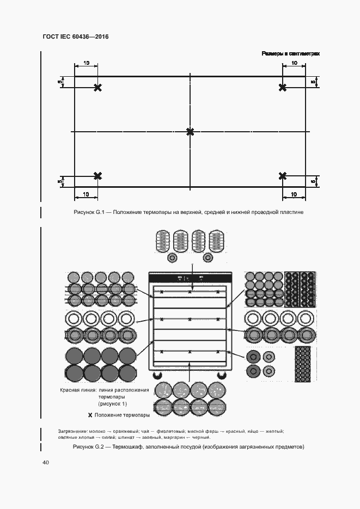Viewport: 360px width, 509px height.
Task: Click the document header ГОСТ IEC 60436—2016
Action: [x=75, y=37]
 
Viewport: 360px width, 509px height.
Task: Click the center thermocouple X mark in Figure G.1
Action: [x=190, y=132]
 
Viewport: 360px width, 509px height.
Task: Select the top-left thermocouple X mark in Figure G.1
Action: [x=97, y=88]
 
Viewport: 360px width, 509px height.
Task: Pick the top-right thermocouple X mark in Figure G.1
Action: [x=282, y=88]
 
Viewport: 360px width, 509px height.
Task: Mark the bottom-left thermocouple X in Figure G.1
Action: [x=97, y=176]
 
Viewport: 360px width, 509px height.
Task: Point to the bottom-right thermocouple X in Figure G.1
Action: [x=282, y=176]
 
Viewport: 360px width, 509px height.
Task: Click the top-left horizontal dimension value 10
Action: [x=86, y=64]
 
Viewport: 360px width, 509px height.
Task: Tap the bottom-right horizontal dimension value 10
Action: [x=294, y=194]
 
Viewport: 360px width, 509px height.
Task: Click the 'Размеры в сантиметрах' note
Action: [x=290, y=54]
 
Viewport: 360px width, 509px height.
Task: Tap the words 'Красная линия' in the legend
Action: [x=78, y=390]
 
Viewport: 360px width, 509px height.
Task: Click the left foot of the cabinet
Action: [x=158, y=376]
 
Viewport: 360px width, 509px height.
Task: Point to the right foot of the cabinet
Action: [x=222, y=376]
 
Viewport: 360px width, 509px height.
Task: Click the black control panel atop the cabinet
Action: [x=190, y=278]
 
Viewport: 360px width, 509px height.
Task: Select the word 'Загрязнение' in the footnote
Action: [x=70, y=432]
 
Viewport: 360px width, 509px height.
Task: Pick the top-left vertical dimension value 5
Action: [x=60, y=82]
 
